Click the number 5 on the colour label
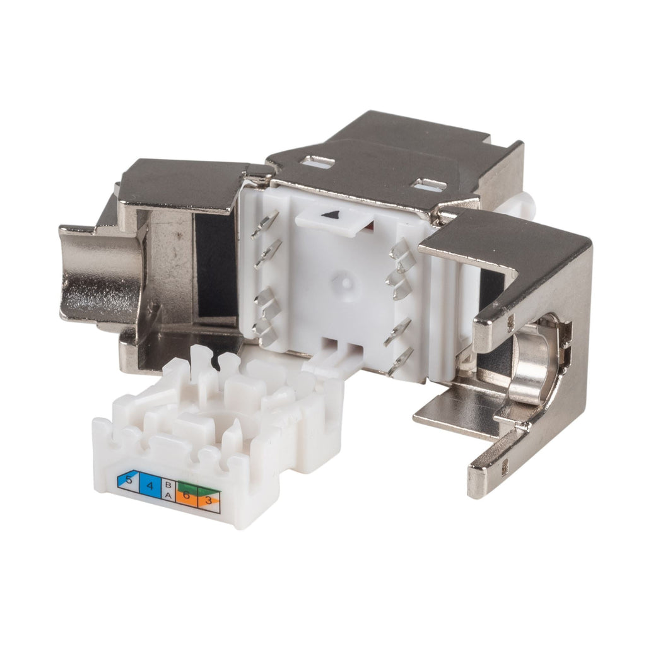click(129, 481)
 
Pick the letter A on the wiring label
click(168, 496)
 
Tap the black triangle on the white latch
click(329, 215)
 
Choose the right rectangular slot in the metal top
click(428, 185)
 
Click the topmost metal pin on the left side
click(266, 224)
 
